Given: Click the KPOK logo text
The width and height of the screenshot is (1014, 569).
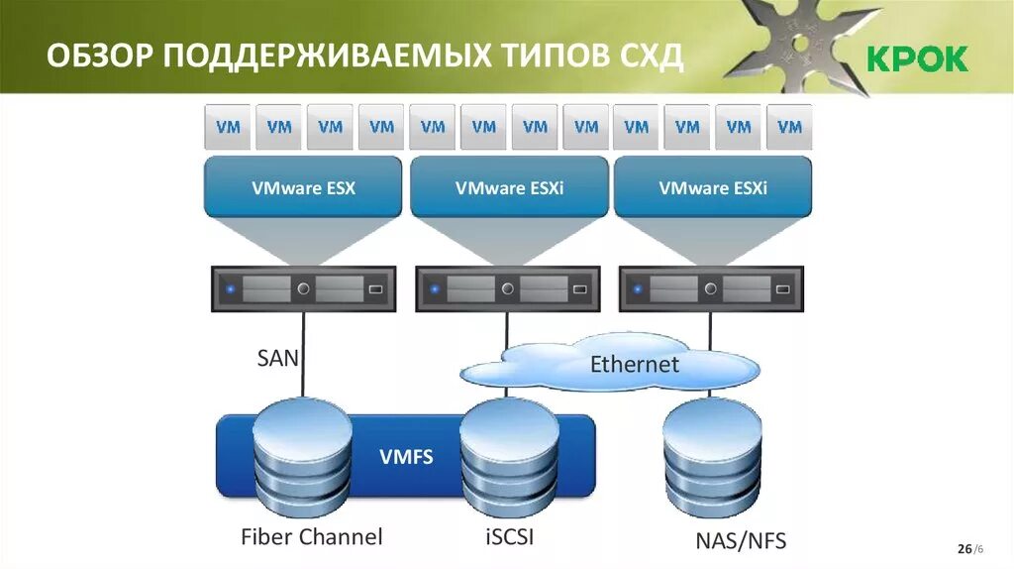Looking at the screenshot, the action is [918, 59].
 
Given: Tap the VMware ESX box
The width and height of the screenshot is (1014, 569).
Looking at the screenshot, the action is [303, 187].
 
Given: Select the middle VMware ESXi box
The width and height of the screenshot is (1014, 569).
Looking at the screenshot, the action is [509, 187].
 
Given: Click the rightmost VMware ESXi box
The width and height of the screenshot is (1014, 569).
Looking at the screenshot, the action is [713, 187].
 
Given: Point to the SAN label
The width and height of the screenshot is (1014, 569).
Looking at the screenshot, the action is [277, 357].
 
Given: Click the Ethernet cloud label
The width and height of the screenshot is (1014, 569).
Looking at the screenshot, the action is [635, 364].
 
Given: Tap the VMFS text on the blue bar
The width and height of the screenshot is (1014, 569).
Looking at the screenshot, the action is [406, 457].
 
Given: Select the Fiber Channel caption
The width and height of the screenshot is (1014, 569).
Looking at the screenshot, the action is [311, 537].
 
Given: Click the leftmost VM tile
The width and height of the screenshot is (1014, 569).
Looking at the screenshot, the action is [229, 127].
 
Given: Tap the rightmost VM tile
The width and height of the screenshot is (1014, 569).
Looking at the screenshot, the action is [789, 127].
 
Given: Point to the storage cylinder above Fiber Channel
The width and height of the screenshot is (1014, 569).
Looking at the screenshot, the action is [303, 458].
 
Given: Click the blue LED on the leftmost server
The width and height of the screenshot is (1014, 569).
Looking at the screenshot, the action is [230, 290].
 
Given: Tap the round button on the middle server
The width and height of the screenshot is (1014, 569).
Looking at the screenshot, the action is [508, 289].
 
